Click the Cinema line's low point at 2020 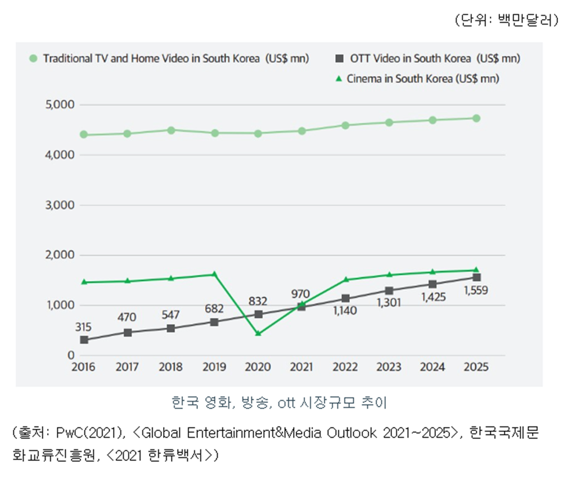[258, 334]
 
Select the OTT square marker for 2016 [84, 340]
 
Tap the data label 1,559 [476, 291]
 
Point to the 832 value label [258, 301]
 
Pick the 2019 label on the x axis [214, 367]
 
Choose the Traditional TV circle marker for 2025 [476, 118]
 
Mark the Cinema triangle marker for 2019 [214, 274]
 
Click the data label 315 [84, 327]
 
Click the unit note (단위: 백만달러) [506, 21]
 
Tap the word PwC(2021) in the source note [89, 434]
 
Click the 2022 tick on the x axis [345, 367]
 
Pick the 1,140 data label [345, 311]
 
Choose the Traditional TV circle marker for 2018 [170, 130]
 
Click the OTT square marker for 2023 [389, 291]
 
